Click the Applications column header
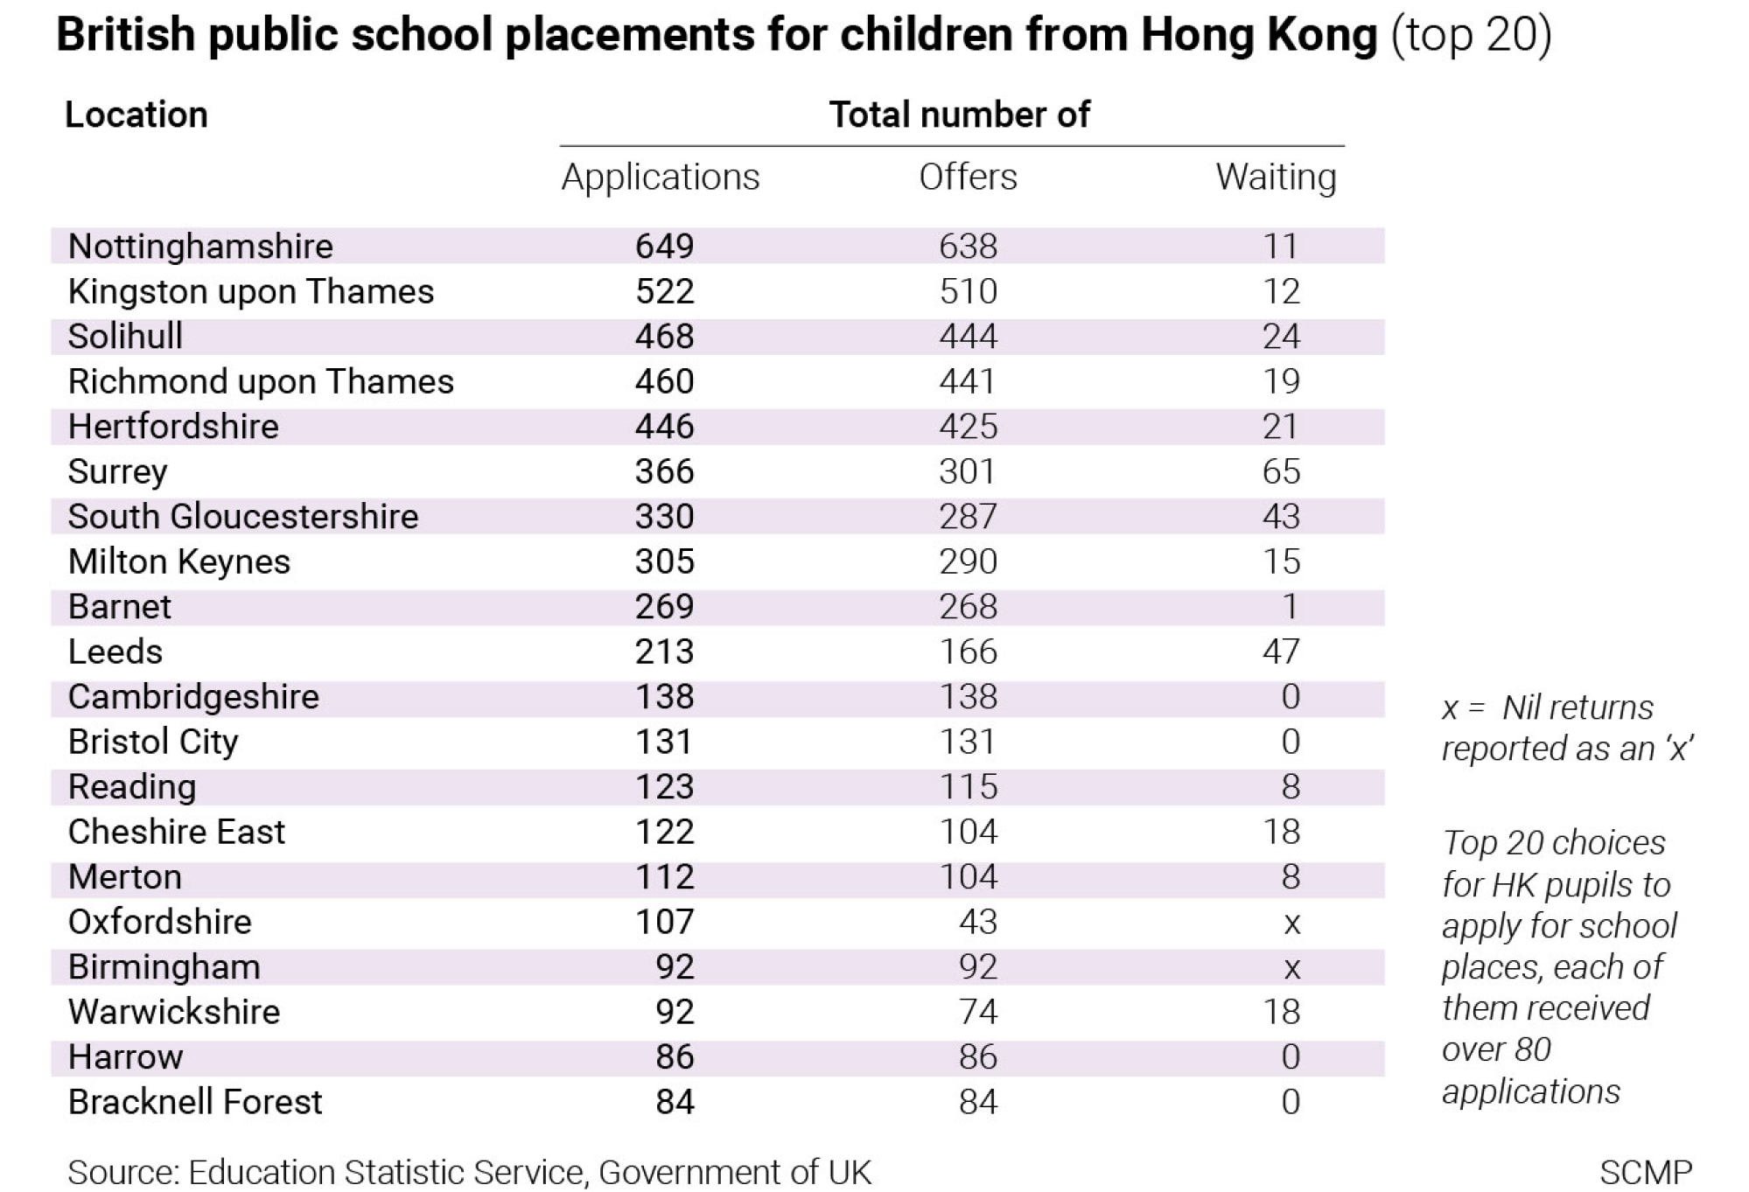pyautogui.click(x=661, y=178)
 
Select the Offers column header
pyautogui.click(x=968, y=178)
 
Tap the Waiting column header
pyautogui.click(x=1276, y=178)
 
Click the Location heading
pyautogui.click(x=136, y=115)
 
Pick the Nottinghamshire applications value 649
pyautogui.click(x=665, y=246)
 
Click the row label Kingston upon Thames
pyautogui.click(x=251, y=291)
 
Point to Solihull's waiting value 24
pyautogui.click(x=1281, y=336)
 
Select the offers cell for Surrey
pyautogui.click(x=968, y=471)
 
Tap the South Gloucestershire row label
pyautogui.click(x=243, y=516)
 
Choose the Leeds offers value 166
pyautogui.click(x=969, y=652)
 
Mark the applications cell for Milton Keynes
pyautogui.click(x=665, y=561)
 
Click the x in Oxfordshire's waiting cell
pyautogui.click(x=1291, y=924)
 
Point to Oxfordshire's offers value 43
pyautogui.click(x=977, y=922)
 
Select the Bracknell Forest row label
pyautogui.click(x=195, y=1102)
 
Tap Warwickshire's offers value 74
pyautogui.click(x=977, y=1012)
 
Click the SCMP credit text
pyautogui.click(x=1646, y=1172)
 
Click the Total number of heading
pyautogui.click(x=960, y=115)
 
